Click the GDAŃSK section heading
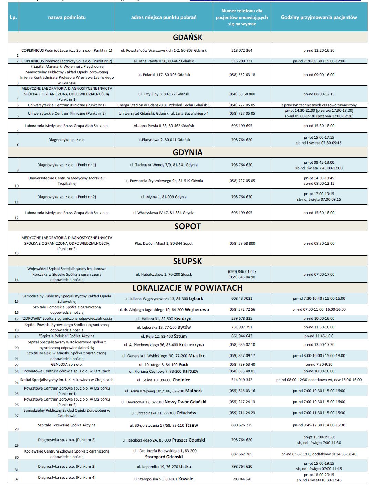click(187, 37)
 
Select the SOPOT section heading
click(187, 226)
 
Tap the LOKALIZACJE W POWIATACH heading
click(187, 288)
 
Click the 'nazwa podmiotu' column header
click(67, 17)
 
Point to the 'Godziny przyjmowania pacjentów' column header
click(319, 17)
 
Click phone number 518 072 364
click(242, 50)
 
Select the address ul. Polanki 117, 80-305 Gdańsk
click(164, 75)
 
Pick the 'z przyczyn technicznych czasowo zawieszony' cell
click(319, 105)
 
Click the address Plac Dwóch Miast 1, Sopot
click(164, 243)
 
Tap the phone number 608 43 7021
click(242, 298)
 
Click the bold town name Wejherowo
click(197, 309)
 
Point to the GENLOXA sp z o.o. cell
click(67, 364)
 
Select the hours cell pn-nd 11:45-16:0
click(319, 336)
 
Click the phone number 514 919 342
click(242, 380)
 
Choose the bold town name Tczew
click(191, 425)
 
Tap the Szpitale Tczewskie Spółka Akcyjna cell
click(67, 425)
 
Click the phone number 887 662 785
click(242, 454)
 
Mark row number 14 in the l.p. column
click(17, 280)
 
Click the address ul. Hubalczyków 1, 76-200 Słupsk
click(164, 274)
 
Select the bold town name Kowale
click(186, 479)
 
